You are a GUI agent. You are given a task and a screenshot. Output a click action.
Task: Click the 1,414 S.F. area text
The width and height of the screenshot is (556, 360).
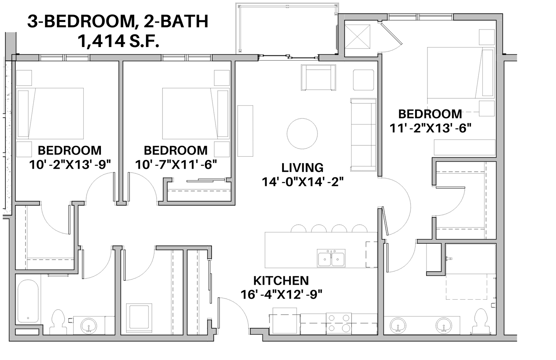pyautogui.click(x=118, y=41)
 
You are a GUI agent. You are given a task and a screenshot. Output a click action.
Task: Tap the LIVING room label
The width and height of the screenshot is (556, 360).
pyautogui.click(x=302, y=168)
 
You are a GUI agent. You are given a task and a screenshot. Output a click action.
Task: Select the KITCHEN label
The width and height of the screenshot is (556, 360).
pyautogui.click(x=281, y=281)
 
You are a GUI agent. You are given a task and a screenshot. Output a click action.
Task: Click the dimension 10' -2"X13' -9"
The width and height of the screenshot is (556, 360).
pyautogui.click(x=70, y=164)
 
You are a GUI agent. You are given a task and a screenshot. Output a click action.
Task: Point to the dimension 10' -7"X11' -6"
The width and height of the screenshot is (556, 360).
pyautogui.click(x=176, y=164)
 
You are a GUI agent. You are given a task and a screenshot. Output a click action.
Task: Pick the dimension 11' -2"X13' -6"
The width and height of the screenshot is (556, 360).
pyautogui.click(x=430, y=128)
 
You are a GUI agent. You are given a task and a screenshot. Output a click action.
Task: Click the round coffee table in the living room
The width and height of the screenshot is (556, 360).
pyautogui.click(x=302, y=134)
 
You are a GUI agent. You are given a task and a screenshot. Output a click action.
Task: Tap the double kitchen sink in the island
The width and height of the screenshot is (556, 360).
pyautogui.click(x=331, y=258)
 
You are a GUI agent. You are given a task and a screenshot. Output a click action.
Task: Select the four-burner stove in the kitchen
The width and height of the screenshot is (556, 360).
pyautogui.click(x=339, y=323)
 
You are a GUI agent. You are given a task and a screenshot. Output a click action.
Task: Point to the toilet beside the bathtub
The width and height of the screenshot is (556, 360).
pyautogui.click(x=58, y=322)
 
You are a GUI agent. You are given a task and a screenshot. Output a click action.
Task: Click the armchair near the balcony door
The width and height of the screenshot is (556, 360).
pyautogui.click(x=318, y=78)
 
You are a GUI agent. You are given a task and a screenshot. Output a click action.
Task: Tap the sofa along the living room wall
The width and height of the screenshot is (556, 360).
pyautogui.click(x=363, y=135)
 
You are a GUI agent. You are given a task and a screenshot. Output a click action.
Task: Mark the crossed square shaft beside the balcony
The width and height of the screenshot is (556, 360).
pyautogui.click(x=357, y=37)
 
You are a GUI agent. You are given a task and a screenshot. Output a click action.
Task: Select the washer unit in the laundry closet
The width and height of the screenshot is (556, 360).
pyautogui.click(x=139, y=318)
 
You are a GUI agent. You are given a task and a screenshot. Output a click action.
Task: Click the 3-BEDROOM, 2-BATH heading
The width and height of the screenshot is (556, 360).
pyautogui.click(x=118, y=21)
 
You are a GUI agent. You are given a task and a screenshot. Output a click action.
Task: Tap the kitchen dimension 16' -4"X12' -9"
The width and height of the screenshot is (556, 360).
pyautogui.click(x=281, y=295)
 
